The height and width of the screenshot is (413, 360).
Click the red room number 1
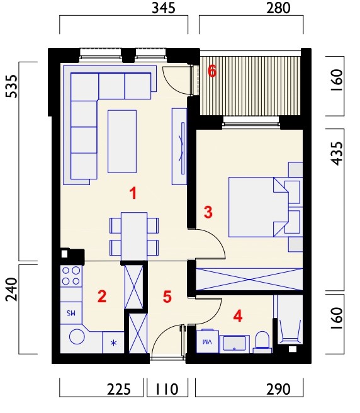point(133,193)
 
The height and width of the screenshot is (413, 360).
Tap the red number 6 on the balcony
point(212,71)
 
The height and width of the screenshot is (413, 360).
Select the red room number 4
point(238,316)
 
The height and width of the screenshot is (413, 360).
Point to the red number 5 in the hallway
point(167,297)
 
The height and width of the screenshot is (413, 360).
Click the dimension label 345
point(164,8)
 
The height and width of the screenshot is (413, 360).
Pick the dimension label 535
point(12,86)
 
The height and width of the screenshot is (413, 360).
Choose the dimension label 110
point(167,389)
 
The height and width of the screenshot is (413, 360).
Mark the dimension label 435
point(337,154)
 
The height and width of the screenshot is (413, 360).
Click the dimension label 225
point(119,389)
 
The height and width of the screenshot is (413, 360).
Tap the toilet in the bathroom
point(262,342)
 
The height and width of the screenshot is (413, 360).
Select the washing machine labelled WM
point(208,341)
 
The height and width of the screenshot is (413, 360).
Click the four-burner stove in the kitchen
point(71,276)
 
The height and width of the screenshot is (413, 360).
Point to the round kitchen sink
point(77,337)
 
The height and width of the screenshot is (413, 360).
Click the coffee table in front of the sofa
point(122,142)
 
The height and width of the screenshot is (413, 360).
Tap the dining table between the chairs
point(134,237)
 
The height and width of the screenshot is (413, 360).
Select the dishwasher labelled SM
point(71,313)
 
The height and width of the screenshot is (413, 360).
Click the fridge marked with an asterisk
point(113,342)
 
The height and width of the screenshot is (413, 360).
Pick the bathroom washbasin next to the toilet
point(234,344)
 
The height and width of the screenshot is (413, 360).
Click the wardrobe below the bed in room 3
point(249,279)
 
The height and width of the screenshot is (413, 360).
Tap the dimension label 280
point(278,8)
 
